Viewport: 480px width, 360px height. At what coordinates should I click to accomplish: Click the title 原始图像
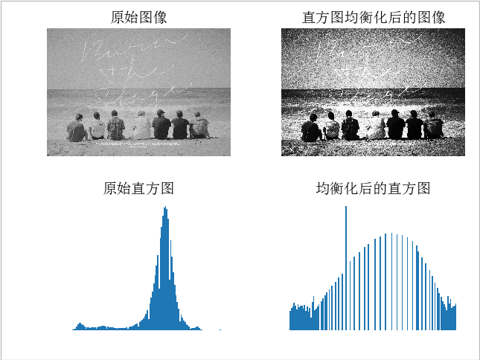click(138, 17)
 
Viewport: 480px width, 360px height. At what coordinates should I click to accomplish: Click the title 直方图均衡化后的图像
click(374, 17)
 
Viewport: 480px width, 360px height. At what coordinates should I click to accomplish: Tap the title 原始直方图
click(138, 188)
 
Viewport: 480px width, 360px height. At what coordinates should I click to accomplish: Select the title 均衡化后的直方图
click(374, 188)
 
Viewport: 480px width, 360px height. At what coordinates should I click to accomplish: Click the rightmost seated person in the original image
click(199, 126)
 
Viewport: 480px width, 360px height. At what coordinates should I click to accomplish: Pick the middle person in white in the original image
click(141, 126)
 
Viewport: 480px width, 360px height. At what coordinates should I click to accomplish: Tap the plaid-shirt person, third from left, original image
click(115, 126)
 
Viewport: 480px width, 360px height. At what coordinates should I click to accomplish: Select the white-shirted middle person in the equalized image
click(376, 126)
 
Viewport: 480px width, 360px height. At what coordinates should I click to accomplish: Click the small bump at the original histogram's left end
click(80, 326)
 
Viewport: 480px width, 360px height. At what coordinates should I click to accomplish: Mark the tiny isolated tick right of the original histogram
click(220, 329)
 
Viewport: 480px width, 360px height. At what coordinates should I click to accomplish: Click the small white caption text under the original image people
click(138, 144)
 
